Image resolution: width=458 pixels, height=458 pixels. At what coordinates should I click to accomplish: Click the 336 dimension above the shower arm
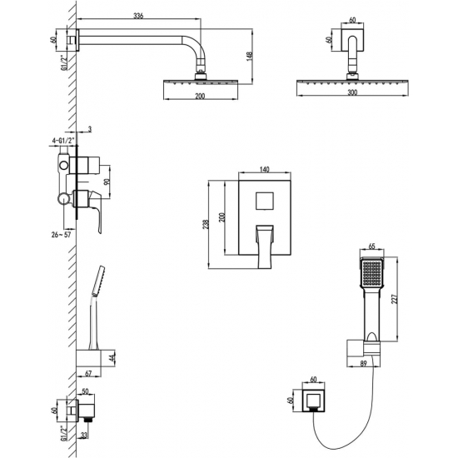coord(138,16)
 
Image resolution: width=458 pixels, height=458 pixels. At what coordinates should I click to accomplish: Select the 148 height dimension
coord(249,57)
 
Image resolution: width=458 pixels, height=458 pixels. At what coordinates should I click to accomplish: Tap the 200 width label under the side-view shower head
coord(200,96)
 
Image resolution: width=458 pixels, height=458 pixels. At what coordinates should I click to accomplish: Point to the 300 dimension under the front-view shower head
coord(352,92)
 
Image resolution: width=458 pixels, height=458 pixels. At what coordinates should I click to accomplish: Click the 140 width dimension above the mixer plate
coord(264,169)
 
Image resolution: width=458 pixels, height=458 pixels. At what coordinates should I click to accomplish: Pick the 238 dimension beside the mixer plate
coord(206,224)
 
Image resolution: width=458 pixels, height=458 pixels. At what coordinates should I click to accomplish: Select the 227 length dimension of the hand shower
coord(395,299)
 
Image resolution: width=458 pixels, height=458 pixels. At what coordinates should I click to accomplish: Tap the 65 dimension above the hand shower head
coord(371,246)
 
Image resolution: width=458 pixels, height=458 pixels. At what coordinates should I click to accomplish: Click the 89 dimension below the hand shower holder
coord(363,363)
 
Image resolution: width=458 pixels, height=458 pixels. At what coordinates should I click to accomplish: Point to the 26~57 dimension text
coord(61,235)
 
